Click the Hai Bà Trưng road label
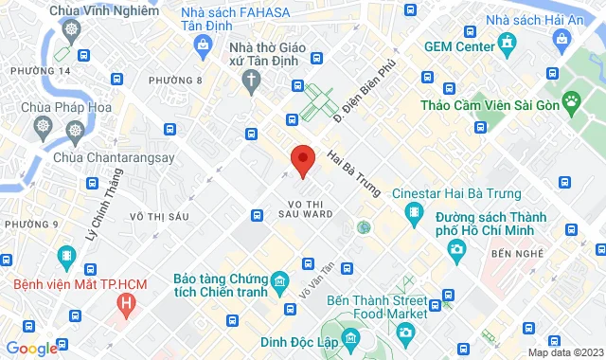(353, 172)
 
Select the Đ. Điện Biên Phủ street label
(364, 95)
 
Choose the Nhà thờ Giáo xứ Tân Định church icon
(251, 82)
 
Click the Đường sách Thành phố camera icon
(457, 249)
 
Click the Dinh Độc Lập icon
(350, 337)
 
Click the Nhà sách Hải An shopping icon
(563, 38)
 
